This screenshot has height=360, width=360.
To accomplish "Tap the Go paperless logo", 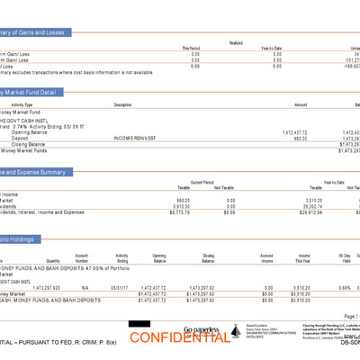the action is coord(202,330).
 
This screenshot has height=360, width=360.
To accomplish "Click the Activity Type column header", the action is coord(22,104).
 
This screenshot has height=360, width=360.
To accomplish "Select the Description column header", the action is coord(123,104).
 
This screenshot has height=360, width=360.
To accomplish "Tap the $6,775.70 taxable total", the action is coord(177,212).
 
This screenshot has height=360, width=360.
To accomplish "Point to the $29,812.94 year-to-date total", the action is coord(310,212).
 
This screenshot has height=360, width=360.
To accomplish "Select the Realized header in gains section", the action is coord(235,42).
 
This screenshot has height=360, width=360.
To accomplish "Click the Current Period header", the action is coord(202,181).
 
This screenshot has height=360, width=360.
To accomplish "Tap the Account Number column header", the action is coord(82,257).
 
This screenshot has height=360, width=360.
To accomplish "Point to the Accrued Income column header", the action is coord(266,257).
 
